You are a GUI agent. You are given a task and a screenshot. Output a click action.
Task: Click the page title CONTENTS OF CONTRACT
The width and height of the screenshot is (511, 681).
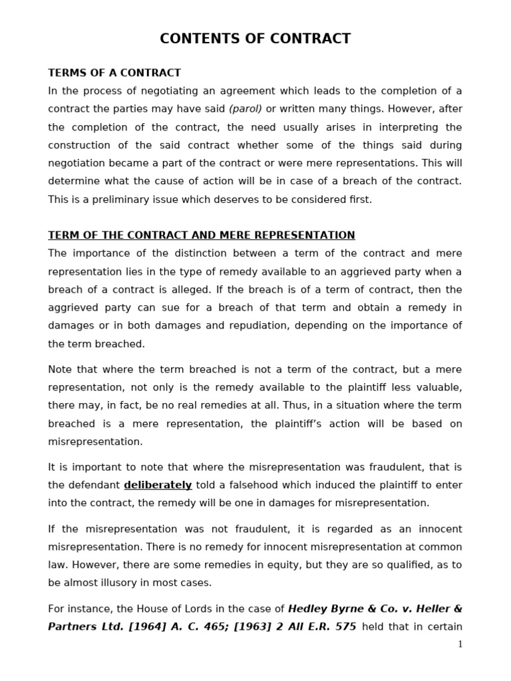[x=255, y=39]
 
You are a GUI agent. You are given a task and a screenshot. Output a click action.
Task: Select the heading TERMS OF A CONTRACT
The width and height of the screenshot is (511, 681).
[x=114, y=73]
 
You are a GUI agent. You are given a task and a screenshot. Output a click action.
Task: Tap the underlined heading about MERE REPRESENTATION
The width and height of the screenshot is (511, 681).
[x=201, y=235]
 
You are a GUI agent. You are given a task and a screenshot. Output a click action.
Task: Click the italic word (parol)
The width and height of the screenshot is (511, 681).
[x=246, y=109]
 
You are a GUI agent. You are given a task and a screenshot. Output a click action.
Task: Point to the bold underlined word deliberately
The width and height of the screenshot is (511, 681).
[x=158, y=485]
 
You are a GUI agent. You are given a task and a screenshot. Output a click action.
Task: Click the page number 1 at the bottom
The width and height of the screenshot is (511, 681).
[x=459, y=644]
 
